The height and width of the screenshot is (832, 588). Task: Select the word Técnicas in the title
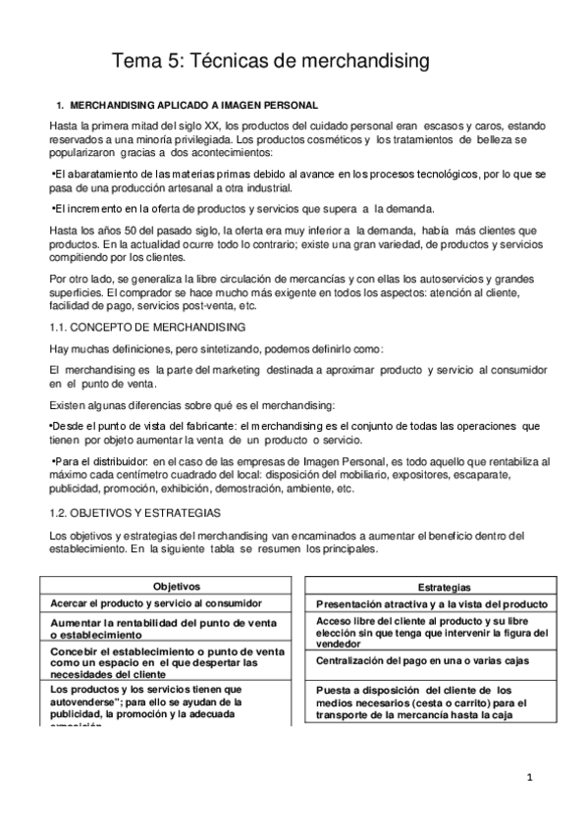[226, 62]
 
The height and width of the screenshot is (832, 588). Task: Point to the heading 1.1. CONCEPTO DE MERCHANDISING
[147, 326]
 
